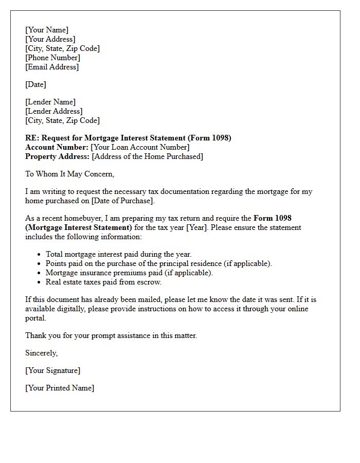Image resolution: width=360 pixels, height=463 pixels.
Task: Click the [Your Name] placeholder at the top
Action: pos(47,30)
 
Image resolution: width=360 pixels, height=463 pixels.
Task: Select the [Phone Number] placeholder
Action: pos(52,58)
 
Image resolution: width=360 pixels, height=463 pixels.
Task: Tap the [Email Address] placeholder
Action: pos(52,67)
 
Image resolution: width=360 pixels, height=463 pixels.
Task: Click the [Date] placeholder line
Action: pos(35,84)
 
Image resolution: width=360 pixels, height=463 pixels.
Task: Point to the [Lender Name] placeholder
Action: pos(50,102)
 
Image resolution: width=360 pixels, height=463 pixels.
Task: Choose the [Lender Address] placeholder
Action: pos(54,111)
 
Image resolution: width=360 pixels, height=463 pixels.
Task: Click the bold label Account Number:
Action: pos(57,147)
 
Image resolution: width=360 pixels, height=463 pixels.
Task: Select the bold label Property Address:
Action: pos(58,156)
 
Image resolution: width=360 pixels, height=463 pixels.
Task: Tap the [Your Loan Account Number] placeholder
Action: pos(140,147)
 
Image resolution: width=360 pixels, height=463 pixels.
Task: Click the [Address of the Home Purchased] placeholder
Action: pos(148,156)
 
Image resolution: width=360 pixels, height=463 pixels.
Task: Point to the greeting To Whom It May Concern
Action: pos(69,174)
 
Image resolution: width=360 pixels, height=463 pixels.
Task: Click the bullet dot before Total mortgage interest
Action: pos(40,254)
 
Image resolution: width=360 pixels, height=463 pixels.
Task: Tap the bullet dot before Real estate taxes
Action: pos(40,282)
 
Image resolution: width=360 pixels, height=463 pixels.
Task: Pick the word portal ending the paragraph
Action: pos(35,318)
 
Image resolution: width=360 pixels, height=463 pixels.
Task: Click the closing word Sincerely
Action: pos(41,353)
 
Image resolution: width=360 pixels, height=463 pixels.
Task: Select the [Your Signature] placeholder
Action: pos(53,370)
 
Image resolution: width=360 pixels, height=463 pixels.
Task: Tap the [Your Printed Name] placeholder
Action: pos(60,388)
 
